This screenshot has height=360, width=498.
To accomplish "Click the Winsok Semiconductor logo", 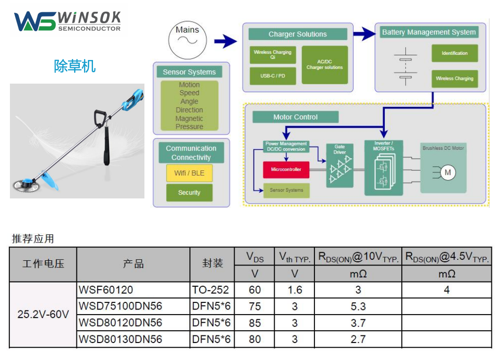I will point(67,22).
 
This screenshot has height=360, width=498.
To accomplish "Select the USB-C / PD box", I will point(272,76).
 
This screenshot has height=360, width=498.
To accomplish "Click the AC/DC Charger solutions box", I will point(324,65).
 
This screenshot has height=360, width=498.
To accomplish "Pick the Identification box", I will point(454,53).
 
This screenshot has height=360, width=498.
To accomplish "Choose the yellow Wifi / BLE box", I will point(189,173).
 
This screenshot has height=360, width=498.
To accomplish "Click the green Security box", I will point(189,193).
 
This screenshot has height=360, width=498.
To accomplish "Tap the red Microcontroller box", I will point(286,170).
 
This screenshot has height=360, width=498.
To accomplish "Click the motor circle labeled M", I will point(447,172).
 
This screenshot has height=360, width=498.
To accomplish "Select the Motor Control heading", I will point(295,117).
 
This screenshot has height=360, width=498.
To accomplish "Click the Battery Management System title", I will point(429,32).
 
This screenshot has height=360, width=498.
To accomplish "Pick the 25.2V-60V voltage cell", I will point(43,314).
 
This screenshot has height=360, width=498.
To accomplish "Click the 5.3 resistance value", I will point(358,307).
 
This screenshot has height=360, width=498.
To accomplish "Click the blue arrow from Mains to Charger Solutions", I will point(226,42).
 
